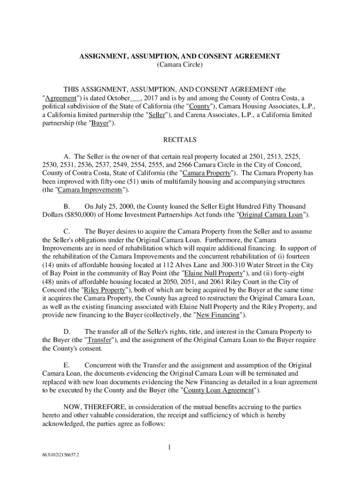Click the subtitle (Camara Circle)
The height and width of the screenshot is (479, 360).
180,65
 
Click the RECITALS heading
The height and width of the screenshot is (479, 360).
180,140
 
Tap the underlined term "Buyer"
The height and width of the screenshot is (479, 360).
100,123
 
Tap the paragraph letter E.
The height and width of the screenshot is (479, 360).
66,365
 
